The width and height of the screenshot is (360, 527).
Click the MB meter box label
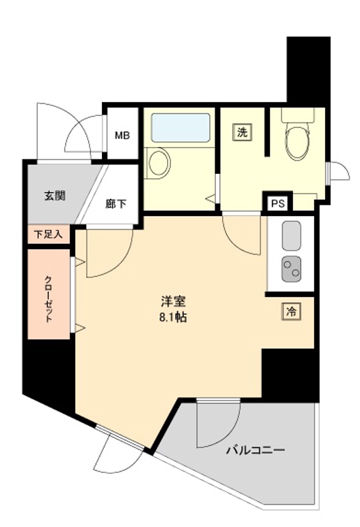point(123,136)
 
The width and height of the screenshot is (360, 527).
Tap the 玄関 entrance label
point(55,196)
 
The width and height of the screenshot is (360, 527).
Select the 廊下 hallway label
point(115,204)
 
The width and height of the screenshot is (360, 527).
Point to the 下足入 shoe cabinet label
point(47,234)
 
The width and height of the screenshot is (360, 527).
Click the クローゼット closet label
point(49,297)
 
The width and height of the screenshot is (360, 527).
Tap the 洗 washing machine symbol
point(242,132)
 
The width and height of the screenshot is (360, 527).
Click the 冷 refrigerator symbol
point(290,311)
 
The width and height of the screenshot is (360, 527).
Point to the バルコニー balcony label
point(256,451)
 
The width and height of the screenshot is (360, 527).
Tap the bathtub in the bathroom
point(180,126)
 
